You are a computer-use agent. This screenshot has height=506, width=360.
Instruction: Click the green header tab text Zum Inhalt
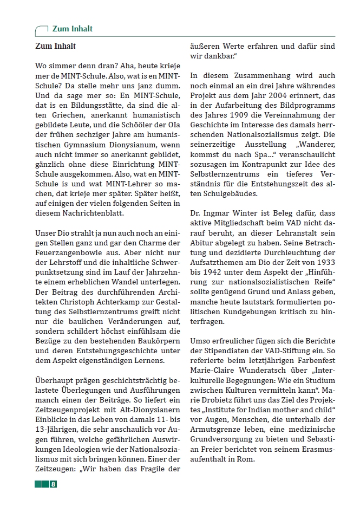[72, 29]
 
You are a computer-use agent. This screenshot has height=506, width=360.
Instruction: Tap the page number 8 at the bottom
[53, 484]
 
